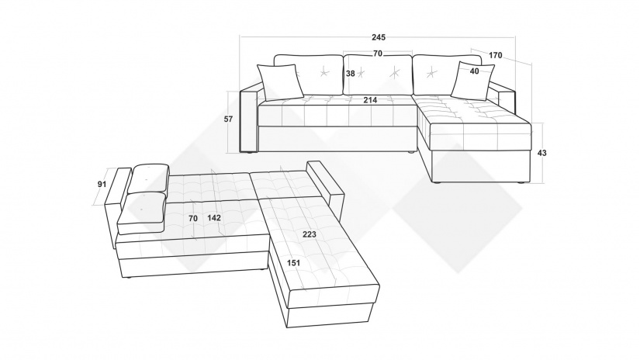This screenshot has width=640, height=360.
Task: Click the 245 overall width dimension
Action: [379, 37]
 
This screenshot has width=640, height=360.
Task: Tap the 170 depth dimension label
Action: [495, 55]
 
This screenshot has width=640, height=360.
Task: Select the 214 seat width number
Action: [370, 100]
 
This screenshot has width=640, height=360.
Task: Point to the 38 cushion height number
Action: [351, 74]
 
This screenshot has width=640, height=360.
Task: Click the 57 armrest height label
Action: [229, 119]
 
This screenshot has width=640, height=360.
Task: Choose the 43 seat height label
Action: [541, 153]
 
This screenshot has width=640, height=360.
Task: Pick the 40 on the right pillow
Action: [474, 71]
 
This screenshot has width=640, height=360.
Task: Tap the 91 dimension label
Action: [102, 184]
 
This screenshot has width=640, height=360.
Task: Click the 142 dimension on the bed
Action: [214, 218]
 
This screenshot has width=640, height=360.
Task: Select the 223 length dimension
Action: [310, 234]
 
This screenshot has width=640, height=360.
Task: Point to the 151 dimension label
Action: [293, 263]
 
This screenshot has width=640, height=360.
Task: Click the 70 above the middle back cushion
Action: [378, 54]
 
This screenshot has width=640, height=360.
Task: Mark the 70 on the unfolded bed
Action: [193, 218]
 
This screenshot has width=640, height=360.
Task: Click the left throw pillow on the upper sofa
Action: [280, 82]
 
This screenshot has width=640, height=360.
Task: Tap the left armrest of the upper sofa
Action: [250, 119]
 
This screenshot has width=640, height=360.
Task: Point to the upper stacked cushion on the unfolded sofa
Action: [149, 178]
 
